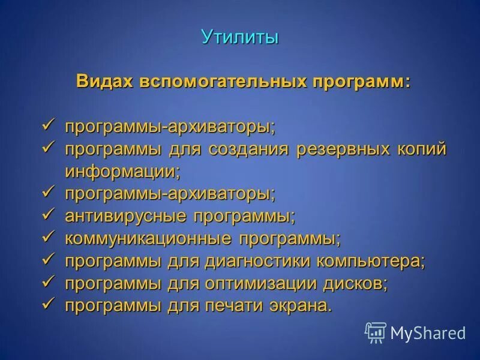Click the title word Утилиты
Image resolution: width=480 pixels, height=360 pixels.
pos(240,37)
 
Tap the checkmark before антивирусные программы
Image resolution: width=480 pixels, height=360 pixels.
pos(50,214)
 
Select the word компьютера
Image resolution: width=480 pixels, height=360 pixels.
pos(372,261)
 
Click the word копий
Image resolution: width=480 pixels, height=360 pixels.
pos(424,149)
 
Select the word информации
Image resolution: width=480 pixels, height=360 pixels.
pos(122,171)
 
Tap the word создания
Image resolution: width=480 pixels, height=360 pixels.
pos(248,149)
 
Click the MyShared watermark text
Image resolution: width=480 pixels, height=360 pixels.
pos(428,332)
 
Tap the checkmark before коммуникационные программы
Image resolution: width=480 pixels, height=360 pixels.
pos(50,237)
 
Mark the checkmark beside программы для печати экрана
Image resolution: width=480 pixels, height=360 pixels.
pos(50,304)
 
